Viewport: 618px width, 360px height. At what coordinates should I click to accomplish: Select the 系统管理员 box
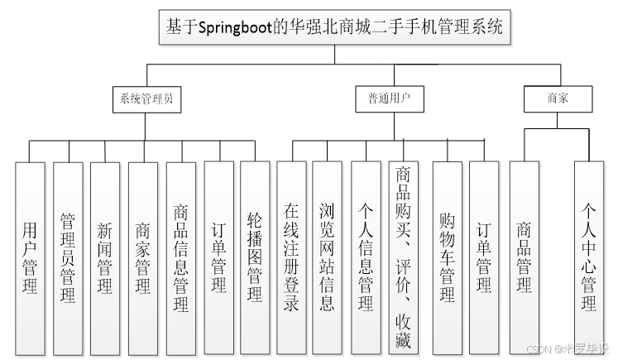click(x=146, y=98)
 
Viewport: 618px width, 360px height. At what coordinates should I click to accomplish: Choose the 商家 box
click(x=558, y=98)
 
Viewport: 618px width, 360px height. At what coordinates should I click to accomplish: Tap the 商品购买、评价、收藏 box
click(x=404, y=257)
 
